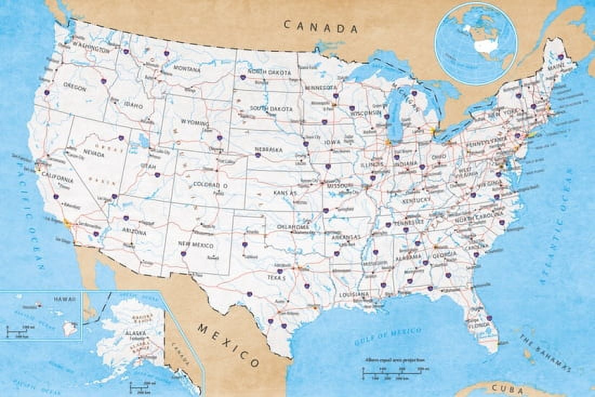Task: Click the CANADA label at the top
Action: coord(321,27)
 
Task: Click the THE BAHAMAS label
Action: coord(545,353)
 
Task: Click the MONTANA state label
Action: coord(187,69)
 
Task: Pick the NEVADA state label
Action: coord(94,154)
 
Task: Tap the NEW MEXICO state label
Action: coord(195,244)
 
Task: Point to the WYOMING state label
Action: coord(195,123)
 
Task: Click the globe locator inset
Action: coord(476,43)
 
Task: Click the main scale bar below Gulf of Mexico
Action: coord(392,373)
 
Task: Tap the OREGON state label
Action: coord(75,86)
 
